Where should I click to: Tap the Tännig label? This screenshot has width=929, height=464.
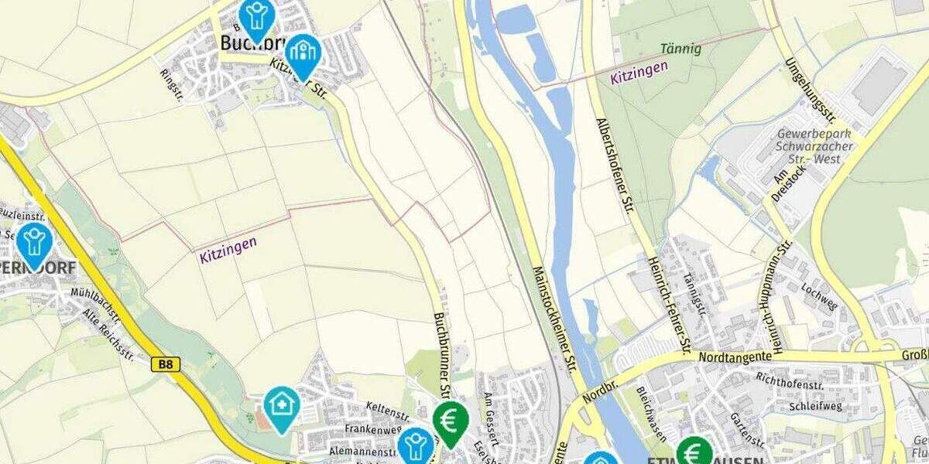pyautogui.click(x=680, y=49)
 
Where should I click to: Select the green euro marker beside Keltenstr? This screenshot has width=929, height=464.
pyautogui.click(x=451, y=421)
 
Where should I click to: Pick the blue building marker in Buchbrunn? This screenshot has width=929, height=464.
pyautogui.click(x=303, y=53)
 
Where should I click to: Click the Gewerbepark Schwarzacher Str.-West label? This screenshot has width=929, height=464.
pyautogui.click(x=815, y=146)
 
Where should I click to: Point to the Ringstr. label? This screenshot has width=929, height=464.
pyautogui.click(x=170, y=84)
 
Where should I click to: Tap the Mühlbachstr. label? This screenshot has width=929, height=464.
pyautogui.click(x=95, y=303)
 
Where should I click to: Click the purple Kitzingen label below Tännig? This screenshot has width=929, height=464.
pyautogui.click(x=639, y=73)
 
